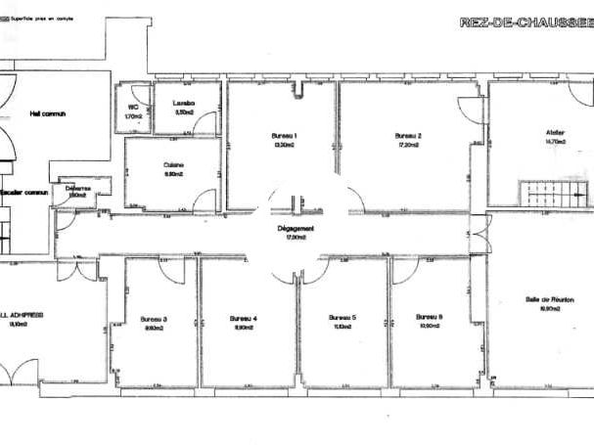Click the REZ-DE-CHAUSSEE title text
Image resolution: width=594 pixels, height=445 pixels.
coord(525,22)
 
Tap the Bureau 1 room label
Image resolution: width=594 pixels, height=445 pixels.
coord(284,135)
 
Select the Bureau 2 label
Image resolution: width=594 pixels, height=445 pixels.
coord(408,135)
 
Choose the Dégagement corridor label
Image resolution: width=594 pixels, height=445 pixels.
coord(296,228)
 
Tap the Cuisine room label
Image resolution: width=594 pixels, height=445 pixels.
coord(174,164)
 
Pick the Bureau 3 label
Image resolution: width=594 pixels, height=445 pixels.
coord(154,319)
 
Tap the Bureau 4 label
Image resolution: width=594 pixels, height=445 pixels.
coord(244,319)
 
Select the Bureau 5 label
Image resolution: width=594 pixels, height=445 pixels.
coord(342,318)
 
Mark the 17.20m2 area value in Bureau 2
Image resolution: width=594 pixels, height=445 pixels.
coord(408,144)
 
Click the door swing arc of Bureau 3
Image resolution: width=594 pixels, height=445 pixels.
coord(171,269)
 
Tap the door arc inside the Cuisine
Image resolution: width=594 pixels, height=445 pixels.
coord(205,200)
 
